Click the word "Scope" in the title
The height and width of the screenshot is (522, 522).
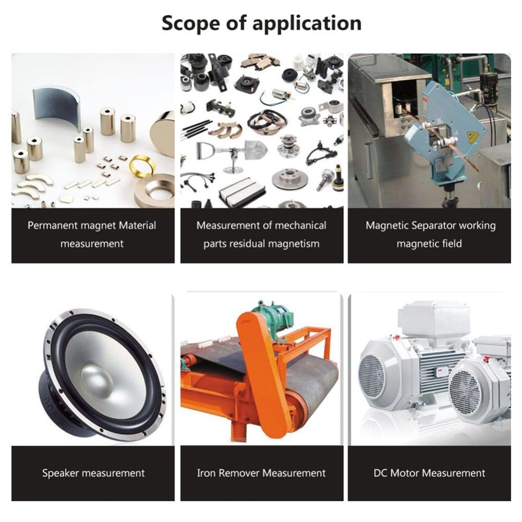[190, 23]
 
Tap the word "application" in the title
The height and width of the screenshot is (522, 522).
[307, 24]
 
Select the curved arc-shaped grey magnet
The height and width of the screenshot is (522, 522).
[57, 106]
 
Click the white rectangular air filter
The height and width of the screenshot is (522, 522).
[241, 192]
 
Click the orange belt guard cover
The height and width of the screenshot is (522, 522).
[262, 373]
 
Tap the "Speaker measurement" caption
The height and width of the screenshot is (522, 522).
[93, 473]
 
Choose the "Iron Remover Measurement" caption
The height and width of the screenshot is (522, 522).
[261, 473]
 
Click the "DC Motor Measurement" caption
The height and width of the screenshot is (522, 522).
[429, 473]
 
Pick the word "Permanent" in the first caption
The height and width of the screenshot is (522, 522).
[53, 225]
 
